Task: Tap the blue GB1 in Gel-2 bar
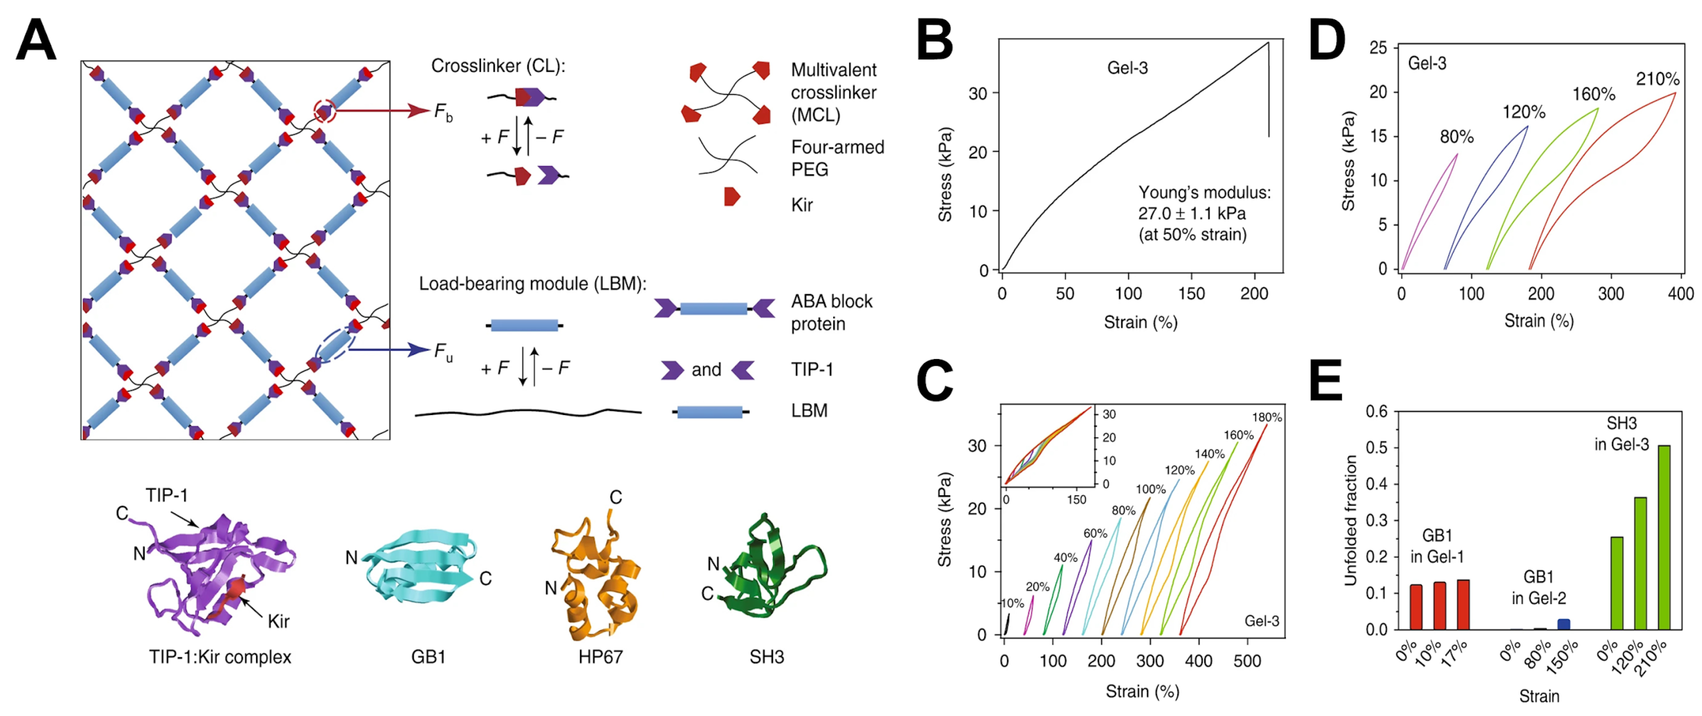point(1563,624)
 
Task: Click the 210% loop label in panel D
point(1657,79)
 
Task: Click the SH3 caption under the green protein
point(766,657)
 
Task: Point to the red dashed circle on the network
point(325,111)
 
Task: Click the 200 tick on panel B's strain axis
point(1253,294)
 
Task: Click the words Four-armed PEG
point(837,158)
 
